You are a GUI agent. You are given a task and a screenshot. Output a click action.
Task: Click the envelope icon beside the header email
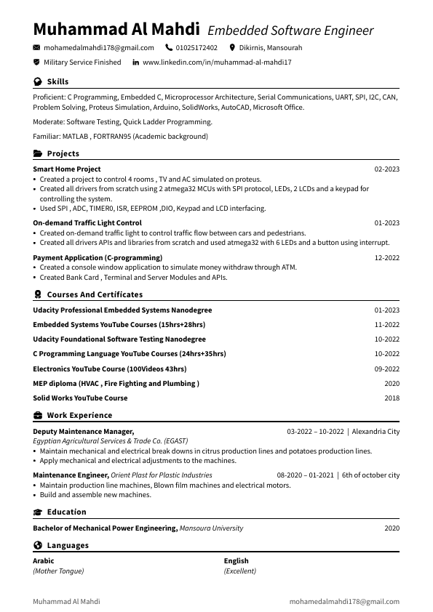coord(37,48)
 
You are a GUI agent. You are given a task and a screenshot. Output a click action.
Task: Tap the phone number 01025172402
coord(196,48)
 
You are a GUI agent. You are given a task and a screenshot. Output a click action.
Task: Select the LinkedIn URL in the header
coord(217,63)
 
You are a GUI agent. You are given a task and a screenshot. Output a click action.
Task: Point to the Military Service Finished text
coord(82,63)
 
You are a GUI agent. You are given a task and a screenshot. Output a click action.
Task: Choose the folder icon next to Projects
coord(37,154)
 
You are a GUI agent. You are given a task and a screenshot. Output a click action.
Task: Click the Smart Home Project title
coord(67,169)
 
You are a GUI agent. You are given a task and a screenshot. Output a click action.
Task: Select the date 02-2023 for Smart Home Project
coord(386,169)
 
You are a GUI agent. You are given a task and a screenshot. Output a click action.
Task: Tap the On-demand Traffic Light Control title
coord(87,223)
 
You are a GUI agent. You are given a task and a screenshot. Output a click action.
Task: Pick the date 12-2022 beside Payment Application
coord(386,258)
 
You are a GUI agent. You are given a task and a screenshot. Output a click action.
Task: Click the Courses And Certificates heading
coord(95,295)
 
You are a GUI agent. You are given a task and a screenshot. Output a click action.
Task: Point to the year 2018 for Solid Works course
coord(392,398)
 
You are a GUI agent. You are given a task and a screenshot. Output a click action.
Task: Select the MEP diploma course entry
coord(116,384)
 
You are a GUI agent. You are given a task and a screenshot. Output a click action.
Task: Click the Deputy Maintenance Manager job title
coord(84,432)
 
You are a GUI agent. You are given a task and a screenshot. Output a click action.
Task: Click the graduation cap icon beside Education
coord(37,512)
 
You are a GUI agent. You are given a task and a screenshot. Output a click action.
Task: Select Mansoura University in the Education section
coord(211,528)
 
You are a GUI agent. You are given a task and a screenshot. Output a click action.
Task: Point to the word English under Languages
coord(237,561)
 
